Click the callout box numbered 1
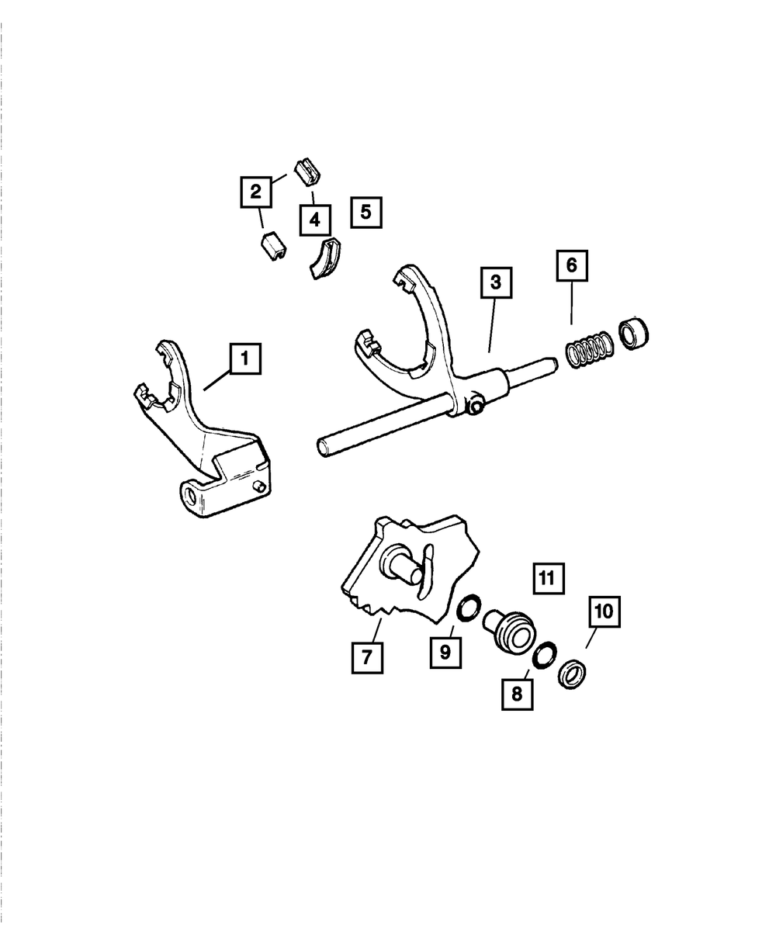[245, 359]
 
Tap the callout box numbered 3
[496, 283]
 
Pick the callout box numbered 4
[314, 220]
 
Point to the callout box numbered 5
[366, 210]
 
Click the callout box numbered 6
[571, 265]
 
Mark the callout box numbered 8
[517, 692]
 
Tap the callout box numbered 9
[445, 652]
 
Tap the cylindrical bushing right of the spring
[634, 333]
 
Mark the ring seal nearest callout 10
[573, 672]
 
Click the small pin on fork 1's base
[261, 487]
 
